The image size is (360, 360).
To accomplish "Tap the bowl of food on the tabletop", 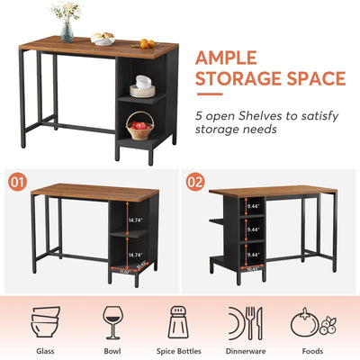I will (103, 40).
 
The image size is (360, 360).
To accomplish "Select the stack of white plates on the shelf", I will (142, 86).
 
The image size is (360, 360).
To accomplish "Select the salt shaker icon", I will (177, 321).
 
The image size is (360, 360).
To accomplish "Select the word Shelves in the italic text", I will (255, 114).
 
